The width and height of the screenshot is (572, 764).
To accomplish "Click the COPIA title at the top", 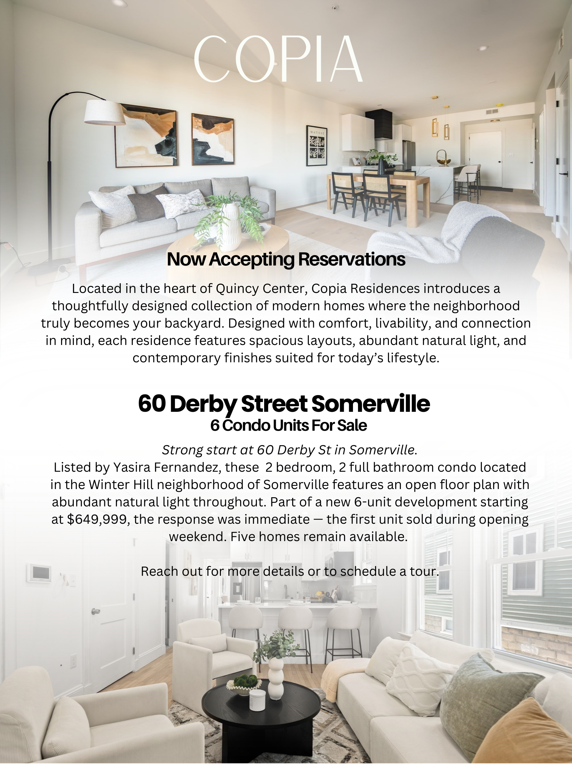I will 278,59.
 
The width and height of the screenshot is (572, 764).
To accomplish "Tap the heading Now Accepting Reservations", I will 286,260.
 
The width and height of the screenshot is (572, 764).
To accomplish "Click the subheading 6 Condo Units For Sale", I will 289,426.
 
